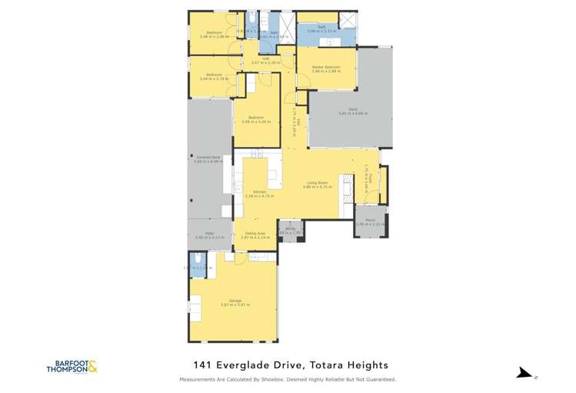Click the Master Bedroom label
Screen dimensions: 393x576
coord(326,67)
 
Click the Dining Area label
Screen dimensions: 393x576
coord(255,234)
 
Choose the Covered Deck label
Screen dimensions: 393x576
coord(208,157)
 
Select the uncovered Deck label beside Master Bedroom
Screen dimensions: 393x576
coord(350,109)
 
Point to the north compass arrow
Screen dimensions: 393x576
coord(525,373)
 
